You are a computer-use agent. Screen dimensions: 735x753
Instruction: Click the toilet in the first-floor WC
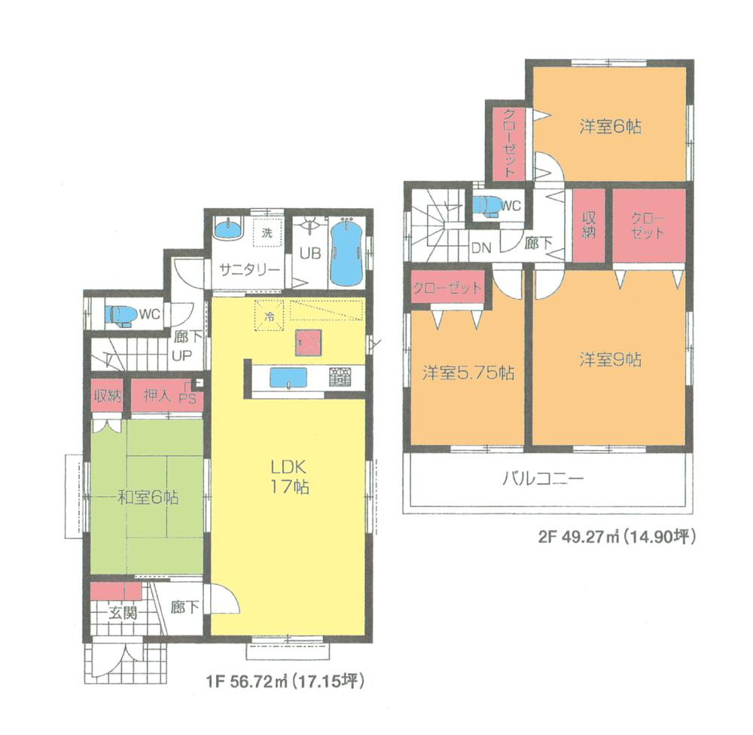[x=121, y=314]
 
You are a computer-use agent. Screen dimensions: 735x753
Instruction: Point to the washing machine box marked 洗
[x=267, y=233]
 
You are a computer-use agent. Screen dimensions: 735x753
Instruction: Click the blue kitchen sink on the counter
[x=285, y=377]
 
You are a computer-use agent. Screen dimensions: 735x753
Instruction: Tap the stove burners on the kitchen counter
[x=338, y=375]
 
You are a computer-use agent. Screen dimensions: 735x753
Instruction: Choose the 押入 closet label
[x=157, y=397]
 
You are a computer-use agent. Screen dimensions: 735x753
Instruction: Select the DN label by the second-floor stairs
[x=481, y=247]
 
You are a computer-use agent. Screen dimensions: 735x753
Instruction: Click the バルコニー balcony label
[x=543, y=478]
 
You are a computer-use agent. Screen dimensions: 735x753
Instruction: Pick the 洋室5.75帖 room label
[x=468, y=373]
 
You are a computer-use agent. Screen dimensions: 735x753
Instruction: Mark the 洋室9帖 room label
[x=610, y=360]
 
